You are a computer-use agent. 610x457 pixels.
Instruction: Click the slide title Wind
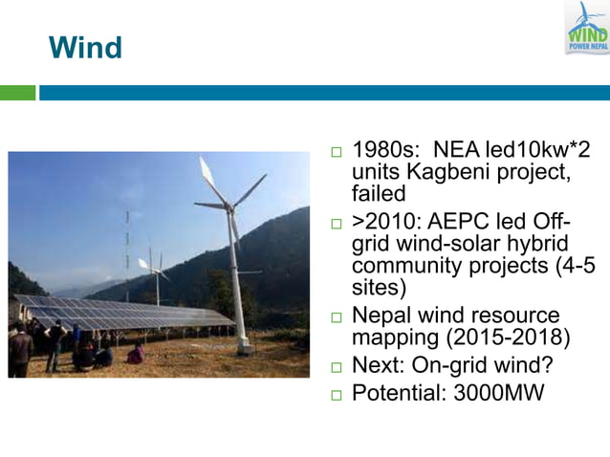coord(85,47)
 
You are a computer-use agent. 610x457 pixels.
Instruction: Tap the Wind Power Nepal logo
coord(586,28)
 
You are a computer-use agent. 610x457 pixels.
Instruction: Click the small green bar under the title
coord(17,93)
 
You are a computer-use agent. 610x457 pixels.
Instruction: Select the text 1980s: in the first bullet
coord(387,151)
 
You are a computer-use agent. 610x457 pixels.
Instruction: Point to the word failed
coord(379,193)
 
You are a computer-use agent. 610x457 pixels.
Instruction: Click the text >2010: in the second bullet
coord(385,222)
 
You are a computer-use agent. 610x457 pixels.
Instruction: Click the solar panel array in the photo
coord(115,314)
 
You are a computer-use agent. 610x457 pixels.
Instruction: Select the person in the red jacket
coord(137,354)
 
